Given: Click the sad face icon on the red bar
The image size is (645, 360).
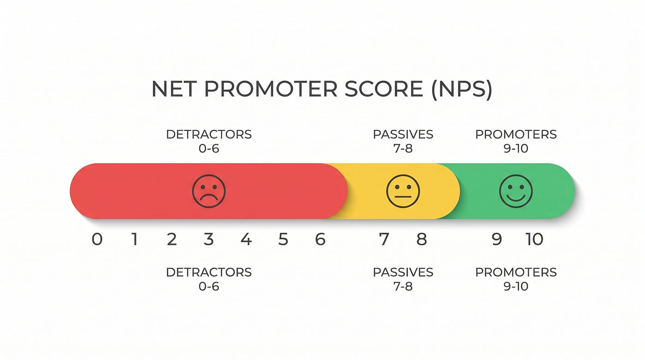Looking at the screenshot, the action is (x=209, y=191).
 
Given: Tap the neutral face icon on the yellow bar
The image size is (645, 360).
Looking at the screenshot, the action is (x=403, y=191).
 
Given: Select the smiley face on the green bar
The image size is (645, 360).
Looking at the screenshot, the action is (x=516, y=191).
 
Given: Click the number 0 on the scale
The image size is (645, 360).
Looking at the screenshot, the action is (x=97, y=239).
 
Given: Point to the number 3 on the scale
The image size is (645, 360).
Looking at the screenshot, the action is (x=208, y=239).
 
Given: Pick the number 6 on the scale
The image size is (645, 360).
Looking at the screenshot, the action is (x=320, y=239).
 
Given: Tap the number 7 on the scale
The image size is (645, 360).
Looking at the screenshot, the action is (x=384, y=239).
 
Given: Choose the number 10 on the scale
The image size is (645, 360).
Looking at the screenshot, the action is (x=534, y=239).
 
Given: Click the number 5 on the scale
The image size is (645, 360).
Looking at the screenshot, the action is (x=283, y=239).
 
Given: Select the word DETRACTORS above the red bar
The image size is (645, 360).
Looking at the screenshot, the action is (x=209, y=135).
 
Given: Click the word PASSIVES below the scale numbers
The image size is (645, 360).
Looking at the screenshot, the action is (x=403, y=272).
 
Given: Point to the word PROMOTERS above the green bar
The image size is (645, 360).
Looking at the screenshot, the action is (x=516, y=135).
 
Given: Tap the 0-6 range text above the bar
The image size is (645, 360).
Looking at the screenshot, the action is (x=209, y=148).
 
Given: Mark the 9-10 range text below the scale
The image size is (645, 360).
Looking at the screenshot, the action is (x=516, y=286).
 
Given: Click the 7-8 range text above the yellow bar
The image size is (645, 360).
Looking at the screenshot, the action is (x=403, y=148).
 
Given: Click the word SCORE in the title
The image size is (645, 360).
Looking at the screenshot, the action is (x=383, y=89).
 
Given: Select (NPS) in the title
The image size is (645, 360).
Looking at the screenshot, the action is (x=462, y=90).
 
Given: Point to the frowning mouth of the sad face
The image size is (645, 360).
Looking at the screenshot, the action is (x=209, y=198).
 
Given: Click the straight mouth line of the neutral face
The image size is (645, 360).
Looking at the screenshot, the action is (x=403, y=197).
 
